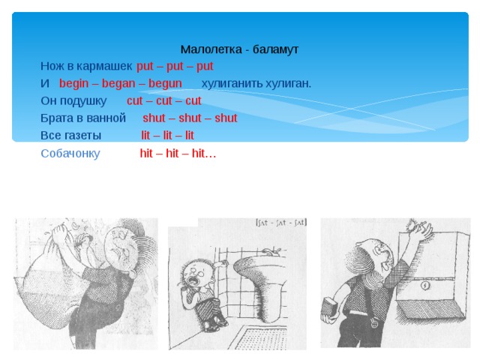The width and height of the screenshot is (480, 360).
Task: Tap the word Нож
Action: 52,66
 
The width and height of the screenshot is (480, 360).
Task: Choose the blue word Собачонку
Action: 70,154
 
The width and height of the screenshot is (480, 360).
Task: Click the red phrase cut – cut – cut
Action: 164,100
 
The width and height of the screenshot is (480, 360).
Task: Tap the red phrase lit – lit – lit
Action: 167,136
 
